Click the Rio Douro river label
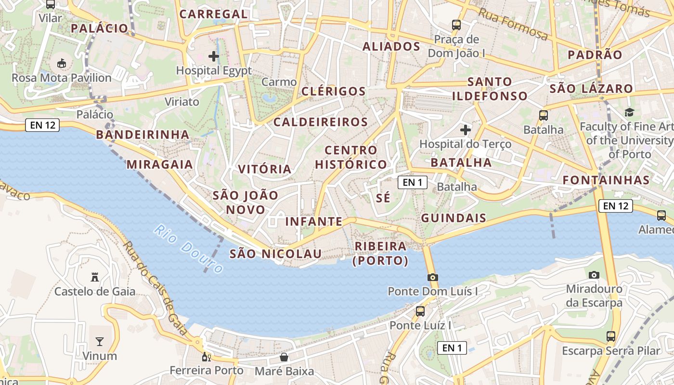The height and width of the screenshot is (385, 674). click(x=189, y=249)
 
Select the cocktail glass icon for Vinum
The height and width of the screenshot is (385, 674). click(x=99, y=342)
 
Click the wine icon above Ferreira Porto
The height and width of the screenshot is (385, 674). click(x=206, y=357)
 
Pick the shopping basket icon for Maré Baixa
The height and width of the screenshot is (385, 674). click(x=284, y=357)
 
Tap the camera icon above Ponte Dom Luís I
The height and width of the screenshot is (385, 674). click(x=432, y=277)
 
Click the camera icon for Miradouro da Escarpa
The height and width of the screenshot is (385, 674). click(x=594, y=275)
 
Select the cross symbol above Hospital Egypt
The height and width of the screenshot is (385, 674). click(x=214, y=56)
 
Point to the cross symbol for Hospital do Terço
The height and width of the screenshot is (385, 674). click(x=465, y=129)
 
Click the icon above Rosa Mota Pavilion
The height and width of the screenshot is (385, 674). click(x=61, y=63)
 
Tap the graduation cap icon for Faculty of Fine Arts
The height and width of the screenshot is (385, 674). click(x=629, y=112)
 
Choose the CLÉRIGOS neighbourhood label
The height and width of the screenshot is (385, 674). click(x=334, y=91)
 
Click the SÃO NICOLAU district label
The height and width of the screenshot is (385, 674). click(x=275, y=254)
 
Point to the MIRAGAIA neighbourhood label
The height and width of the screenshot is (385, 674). click(x=159, y=165)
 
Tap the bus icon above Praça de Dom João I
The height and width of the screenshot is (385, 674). click(x=456, y=25)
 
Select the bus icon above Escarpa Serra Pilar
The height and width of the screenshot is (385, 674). click(x=611, y=336)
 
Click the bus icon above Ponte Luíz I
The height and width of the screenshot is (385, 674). click(x=420, y=311)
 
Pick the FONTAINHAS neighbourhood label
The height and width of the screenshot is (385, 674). click(x=606, y=180)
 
